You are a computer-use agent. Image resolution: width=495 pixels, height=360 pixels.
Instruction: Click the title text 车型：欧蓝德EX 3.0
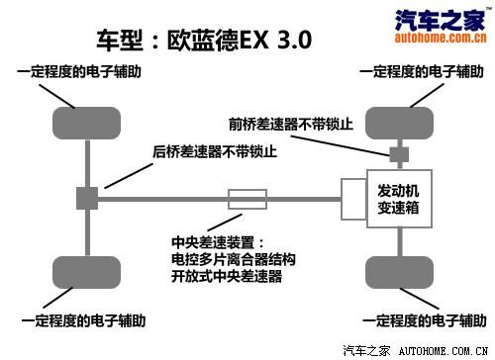pyautogui.click(x=204, y=41)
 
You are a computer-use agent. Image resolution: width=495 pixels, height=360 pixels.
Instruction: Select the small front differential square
pyautogui.click(x=398, y=154)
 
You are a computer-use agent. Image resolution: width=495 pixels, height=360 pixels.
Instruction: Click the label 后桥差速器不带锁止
pyautogui.click(x=214, y=153)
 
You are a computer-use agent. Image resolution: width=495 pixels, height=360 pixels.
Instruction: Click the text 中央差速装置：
pyautogui.click(x=218, y=241)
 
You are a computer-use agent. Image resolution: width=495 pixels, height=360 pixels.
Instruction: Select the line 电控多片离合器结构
pyautogui.click(x=233, y=259)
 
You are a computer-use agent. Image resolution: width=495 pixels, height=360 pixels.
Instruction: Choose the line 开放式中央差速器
pyautogui.click(x=226, y=276)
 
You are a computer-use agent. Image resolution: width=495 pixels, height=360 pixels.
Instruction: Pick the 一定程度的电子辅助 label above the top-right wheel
pyautogui.click(x=421, y=73)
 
